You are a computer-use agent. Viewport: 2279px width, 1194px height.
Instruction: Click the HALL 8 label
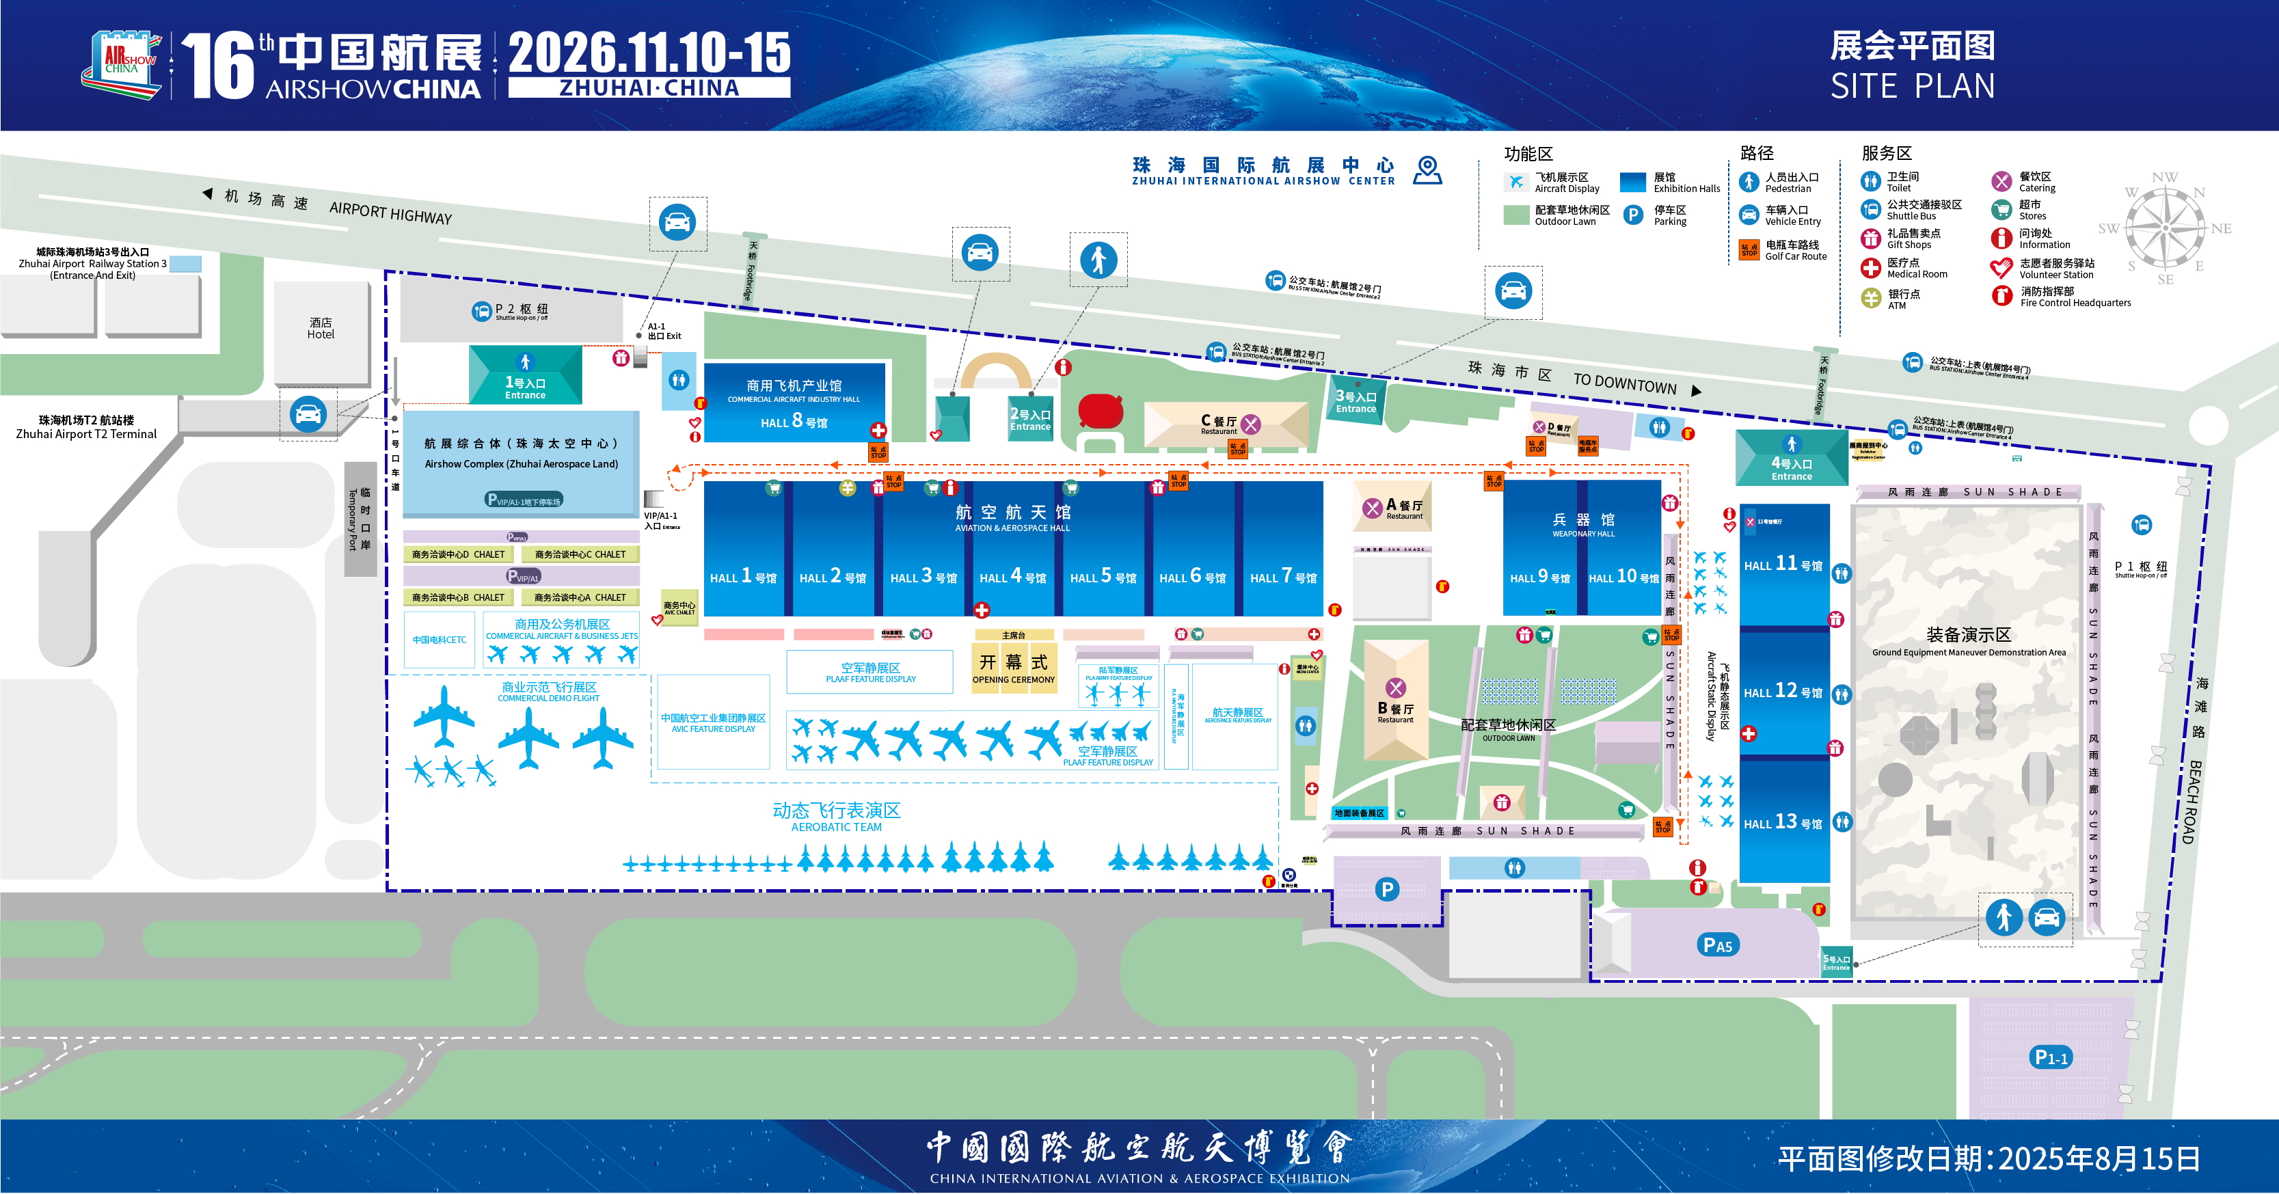pyautogui.click(x=794, y=423)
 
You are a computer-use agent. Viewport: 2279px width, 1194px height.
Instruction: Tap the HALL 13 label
pyautogui.click(x=1783, y=822)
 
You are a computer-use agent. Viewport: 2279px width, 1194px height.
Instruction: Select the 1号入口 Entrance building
pyautogui.click(x=526, y=377)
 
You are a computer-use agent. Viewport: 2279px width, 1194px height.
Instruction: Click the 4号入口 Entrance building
pyautogui.click(x=1792, y=458)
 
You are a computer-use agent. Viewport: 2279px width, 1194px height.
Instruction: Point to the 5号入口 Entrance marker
pyautogui.click(x=1836, y=962)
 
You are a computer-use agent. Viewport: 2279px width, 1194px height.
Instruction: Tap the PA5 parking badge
pyautogui.click(x=1717, y=945)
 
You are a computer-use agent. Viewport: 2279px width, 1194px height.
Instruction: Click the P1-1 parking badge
pyautogui.click(x=2051, y=1057)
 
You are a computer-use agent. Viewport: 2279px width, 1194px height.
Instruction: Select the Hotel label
pyautogui.click(x=321, y=329)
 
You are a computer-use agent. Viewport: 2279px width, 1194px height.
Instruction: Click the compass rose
pyautogui.click(x=2164, y=228)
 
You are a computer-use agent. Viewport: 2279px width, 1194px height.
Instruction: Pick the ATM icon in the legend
pyautogui.click(x=1870, y=298)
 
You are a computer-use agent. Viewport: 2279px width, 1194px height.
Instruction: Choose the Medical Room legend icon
pyautogui.click(x=1870, y=268)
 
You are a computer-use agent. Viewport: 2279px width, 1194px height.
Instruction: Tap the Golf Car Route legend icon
pyautogui.click(x=1749, y=250)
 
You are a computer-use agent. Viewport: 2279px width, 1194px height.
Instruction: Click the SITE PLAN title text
pyautogui.click(x=1912, y=87)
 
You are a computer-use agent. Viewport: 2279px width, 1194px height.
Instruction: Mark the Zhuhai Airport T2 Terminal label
pyautogui.click(x=86, y=427)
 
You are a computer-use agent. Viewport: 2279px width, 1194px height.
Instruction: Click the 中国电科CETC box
pyautogui.click(x=439, y=640)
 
